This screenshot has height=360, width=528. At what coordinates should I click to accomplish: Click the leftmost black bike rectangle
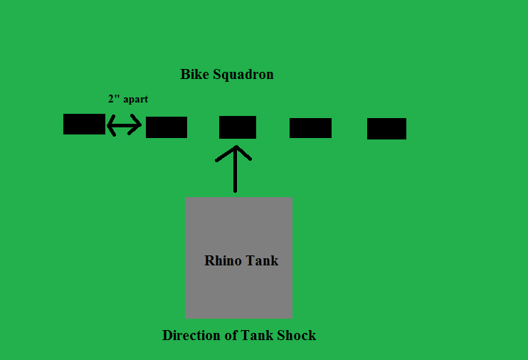coord(84,124)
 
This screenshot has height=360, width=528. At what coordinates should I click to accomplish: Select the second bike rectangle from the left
coord(167,127)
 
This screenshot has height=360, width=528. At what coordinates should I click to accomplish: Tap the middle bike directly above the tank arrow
coord(238,127)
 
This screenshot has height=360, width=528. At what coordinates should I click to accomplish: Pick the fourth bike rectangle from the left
coord(310,128)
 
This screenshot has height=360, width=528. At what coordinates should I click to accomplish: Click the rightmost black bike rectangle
coord(386,129)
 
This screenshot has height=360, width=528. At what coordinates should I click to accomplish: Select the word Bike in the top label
coord(195,75)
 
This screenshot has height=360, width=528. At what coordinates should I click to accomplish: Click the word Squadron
coord(243,75)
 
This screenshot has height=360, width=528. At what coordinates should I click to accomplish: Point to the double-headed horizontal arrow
coord(125,125)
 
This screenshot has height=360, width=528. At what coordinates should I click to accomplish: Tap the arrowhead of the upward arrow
coord(235,152)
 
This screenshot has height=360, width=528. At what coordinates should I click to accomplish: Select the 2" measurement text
coord(114,100)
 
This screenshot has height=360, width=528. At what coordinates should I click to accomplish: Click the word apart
coord(136,100)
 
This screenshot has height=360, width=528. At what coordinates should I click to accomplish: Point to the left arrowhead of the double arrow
coord(110,125)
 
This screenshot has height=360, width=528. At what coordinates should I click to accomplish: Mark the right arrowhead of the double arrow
coord(137,125)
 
